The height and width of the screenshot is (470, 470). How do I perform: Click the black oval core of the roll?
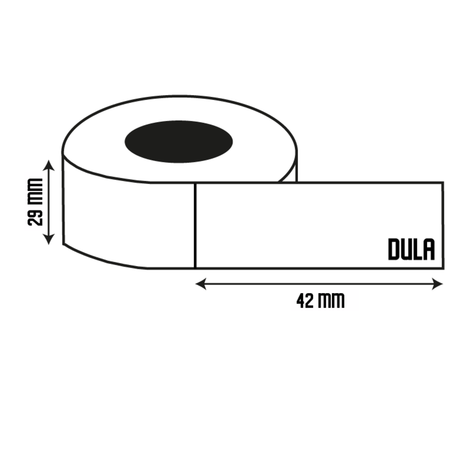point(179,141)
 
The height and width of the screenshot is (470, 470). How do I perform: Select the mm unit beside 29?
point(35,192)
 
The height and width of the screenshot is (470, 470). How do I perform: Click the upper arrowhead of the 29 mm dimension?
point(49,165)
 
